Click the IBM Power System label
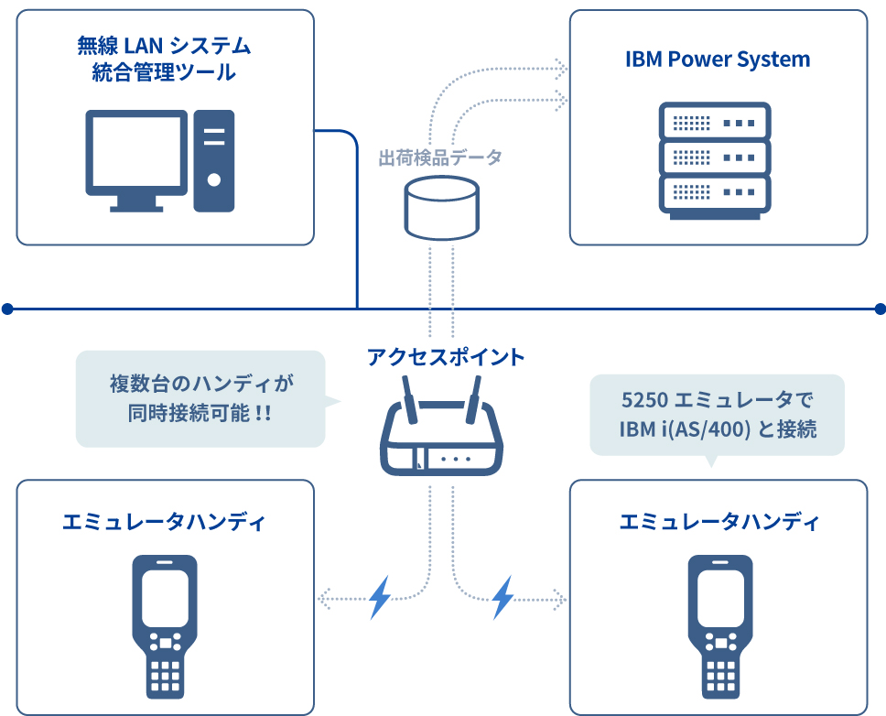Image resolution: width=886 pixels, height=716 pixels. (x=718, y=60)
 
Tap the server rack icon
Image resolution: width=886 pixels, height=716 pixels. (x=715, y=161)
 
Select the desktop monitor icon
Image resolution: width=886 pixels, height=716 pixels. (x=136, y=160)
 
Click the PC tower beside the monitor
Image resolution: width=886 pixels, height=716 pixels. (x=213, y=161)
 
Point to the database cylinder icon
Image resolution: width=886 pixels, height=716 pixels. (x=442, y=208)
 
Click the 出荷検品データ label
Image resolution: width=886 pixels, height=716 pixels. (x=440, y=157)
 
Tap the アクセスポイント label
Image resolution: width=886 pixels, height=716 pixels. (x=446, y=357)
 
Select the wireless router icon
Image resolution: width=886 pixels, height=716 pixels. (x=442, y=426)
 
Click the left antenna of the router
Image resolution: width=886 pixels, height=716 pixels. (x=410, y=399)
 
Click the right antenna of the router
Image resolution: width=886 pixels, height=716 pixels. (x=473, y=399)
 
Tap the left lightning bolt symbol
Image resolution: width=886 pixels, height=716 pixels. (x=380, y=597)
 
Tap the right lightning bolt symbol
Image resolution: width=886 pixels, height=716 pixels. (x=502, y=597)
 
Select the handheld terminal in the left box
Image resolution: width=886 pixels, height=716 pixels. (x=165, y=626)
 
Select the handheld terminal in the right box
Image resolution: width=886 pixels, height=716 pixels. (x=720, y=626)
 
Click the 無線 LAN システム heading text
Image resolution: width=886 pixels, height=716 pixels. (x=164, y=45)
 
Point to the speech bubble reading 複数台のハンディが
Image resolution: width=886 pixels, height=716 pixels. (x=201, y=399)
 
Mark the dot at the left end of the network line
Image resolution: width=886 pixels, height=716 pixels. (x=7, y=309)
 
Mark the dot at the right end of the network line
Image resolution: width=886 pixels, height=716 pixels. (x=880, y=309)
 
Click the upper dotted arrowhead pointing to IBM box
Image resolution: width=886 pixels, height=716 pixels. (x=561, y=69)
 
